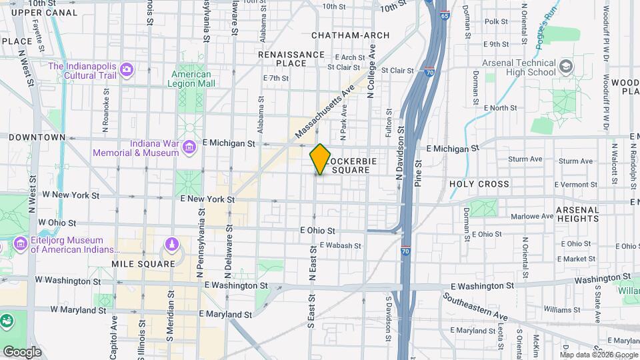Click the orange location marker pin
[320, 159]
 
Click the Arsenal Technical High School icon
[566, 66]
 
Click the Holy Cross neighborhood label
[479, 184]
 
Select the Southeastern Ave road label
[477, 307]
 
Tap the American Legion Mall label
[192, 79]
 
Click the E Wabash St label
[339, 245]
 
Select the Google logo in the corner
[21, 351]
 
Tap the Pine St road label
[418, 173]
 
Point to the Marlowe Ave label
[532, 216]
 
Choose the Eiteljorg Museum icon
[21, 245]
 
